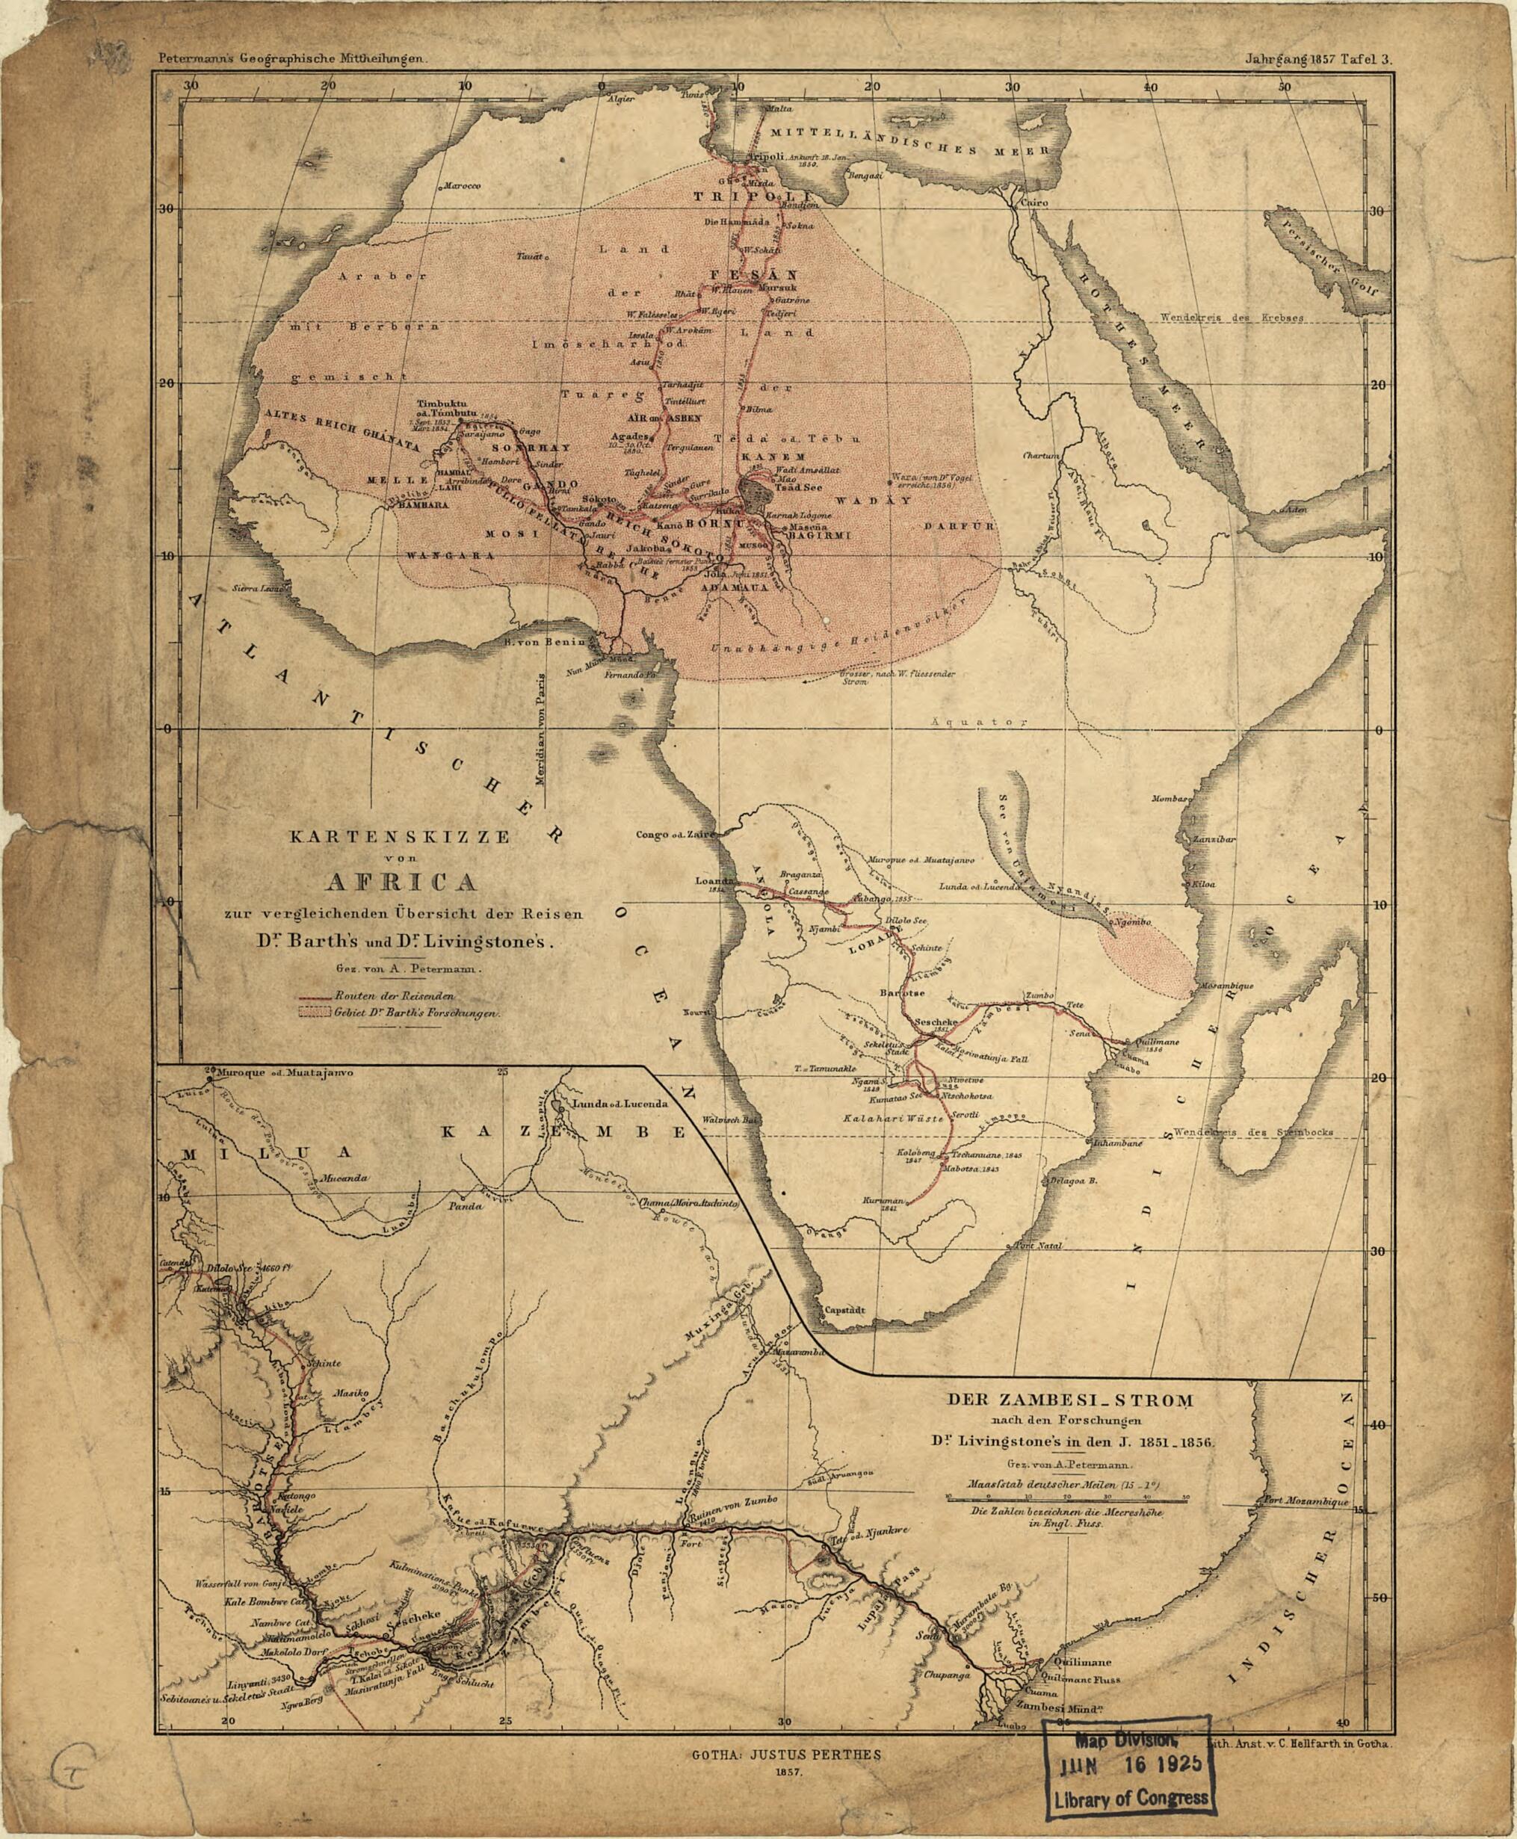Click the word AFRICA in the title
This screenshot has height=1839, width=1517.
[399, 880]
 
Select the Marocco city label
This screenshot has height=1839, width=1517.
[463, 186]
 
